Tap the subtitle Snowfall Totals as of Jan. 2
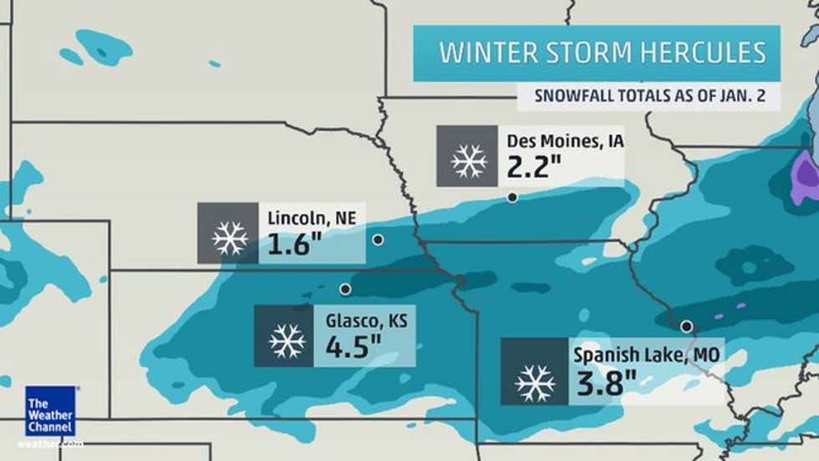tap(647, 95)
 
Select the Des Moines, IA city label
tap(565, 140)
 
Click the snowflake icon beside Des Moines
tap(468, 156)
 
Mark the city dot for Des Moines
tap(511, 198)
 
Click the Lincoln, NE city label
tap(312, 219)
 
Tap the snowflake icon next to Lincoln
tap(228, 234)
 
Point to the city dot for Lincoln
tap(378, 240)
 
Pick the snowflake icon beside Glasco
tap(285, 336)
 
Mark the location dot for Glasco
tap(345, 289)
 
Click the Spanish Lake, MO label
tap(646, 356)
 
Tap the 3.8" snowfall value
tap(607, 383)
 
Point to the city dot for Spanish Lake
tap(686, 326)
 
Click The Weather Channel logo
tap(50, 411)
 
